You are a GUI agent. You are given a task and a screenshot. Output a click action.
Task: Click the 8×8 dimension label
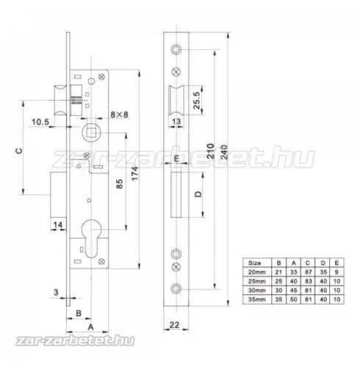(x=118, y=115)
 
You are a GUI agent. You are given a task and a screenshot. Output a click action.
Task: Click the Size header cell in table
(x=254, y=261)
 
